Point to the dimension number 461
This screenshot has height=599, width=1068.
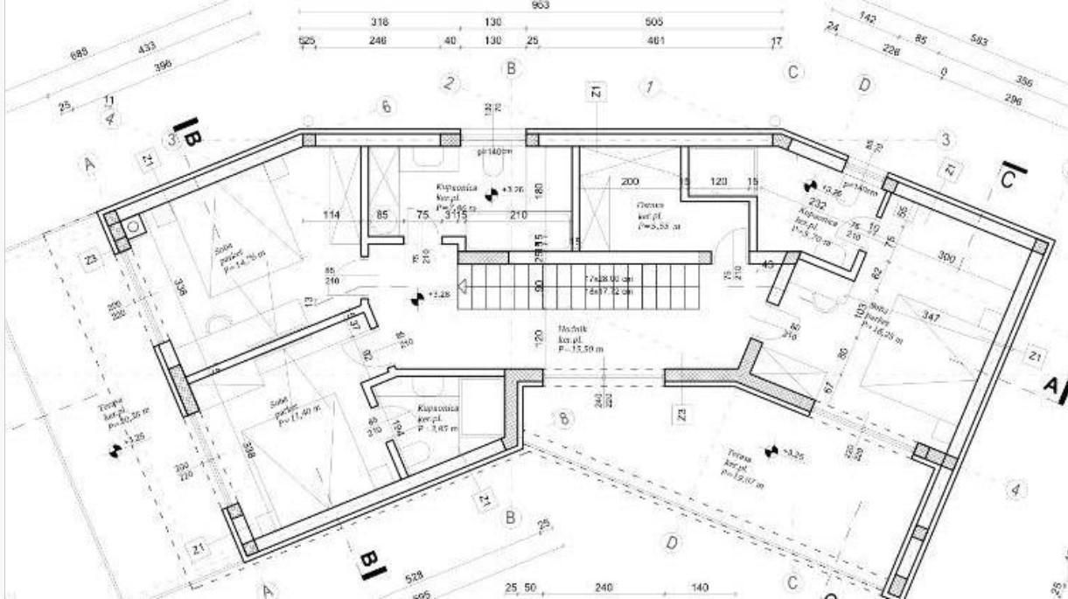tap(655, 40)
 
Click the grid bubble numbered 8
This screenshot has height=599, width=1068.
tap(564, 419)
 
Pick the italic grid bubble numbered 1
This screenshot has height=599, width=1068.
tap(649, 87)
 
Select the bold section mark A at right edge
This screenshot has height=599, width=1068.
tap(1054, 385)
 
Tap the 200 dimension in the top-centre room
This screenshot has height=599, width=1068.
tap(630, 181)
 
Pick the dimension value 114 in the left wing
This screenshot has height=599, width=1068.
tap(332, 215)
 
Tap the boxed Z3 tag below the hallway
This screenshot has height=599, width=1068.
tap(681, 413)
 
